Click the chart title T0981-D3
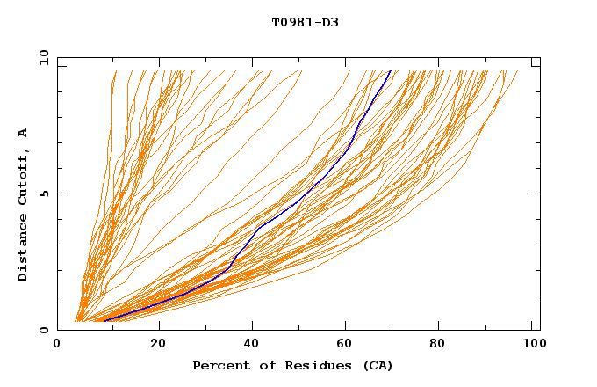pyautogui.click(x=305, y=22)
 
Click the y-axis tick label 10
pyautogui.click(x=43, y=57)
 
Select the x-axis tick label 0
pyautogui.click(x=57, y=344)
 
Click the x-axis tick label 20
pyautogui.click(x=158, y=344)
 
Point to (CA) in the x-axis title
pyautogui.click(x=378, y=365)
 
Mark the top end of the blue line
pyautogui.click(x=391, y=70)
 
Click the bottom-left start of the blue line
pyautogui.click(x=104, y=320)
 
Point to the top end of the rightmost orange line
pyautogui.click(x=517, y=71)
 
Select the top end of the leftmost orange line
pyautogui.click(x=115, y=71)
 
